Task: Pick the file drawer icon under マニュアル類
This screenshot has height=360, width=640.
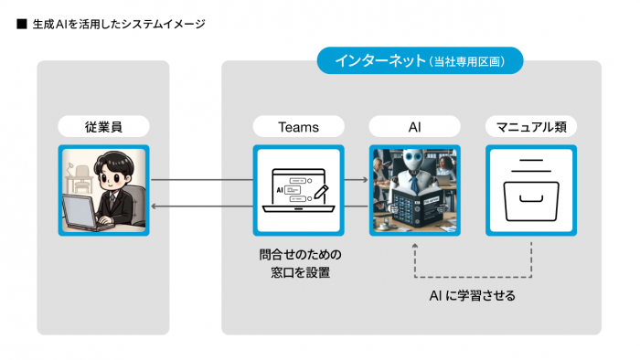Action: (530, 188)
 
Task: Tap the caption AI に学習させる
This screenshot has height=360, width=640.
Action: (473, 296)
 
